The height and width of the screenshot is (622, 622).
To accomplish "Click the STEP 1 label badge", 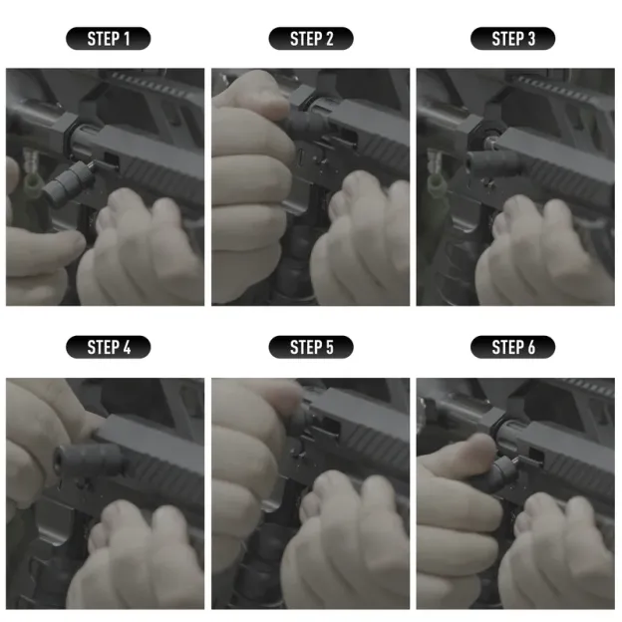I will pyautogui.click(x=108, y=39).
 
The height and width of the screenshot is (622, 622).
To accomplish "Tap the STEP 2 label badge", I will pyautogui.click(x=311, y=39).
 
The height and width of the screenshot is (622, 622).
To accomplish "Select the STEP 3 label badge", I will pyautogui.click(x=512, y=39).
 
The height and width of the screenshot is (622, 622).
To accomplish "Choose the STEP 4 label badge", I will pyautogui.click(x=108, y=347).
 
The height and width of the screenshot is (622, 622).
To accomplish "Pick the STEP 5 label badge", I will pyautogui.click(x=311, y=347).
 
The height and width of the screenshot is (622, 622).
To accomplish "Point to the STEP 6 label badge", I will pyautogui.click(x=512, y=347).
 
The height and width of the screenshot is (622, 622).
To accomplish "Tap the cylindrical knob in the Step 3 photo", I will pyautogui.click(x=482, y=159).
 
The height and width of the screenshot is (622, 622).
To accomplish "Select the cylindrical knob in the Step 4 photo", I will pyautogui.click(x=88, y=462).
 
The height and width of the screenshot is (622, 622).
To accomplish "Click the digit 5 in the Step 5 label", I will pyautogui.click(x=329, y=347).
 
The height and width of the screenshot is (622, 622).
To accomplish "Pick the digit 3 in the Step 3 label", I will pyautogui.click(x=530, y=39).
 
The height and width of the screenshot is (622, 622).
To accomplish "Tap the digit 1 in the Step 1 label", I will pyautogui.click(x=126, y=39).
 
